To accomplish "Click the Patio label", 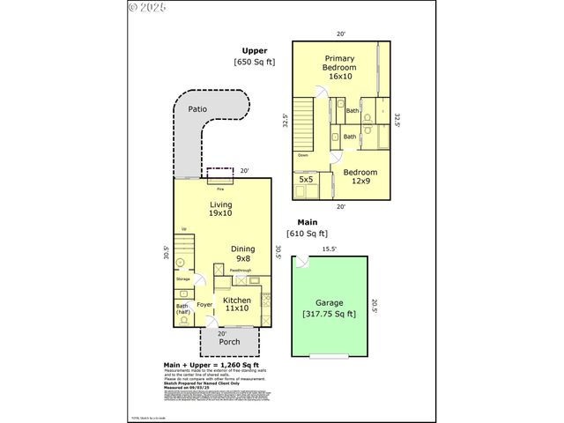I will [199, 110].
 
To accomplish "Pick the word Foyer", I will [204, 305].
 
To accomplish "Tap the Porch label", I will [229, 342].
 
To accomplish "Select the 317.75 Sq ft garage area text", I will [329, 314].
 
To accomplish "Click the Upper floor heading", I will [255, 51].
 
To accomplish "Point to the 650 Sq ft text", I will [255, 63].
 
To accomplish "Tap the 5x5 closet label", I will [306, 179].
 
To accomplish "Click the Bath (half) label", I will [182, 309].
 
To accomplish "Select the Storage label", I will [183, 278].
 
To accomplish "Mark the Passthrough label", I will [241, 271].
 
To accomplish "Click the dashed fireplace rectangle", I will [219, 173].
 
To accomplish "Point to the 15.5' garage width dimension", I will [329, 249].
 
